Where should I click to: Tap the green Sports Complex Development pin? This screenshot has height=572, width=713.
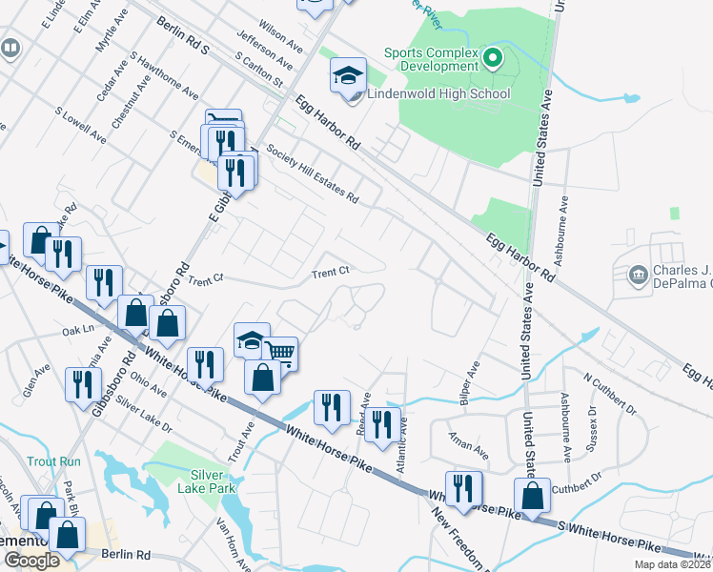pyautogui.click(x=493, y=60)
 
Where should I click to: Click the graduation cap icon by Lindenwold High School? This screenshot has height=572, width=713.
pyautogui.click(x=348, y=75)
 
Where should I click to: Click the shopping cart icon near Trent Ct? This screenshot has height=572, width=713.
pyautogui.click(x=280, y=353)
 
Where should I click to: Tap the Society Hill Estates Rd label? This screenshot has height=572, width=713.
pyautogui.click(x=312, y=174)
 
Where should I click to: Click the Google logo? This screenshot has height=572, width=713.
pyautogui.click(x=31, y=561)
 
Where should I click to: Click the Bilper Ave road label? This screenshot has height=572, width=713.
pyautogui.click(x=468, y=380)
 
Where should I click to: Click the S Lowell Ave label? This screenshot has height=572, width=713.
pyautogui.click(x=80, y=125)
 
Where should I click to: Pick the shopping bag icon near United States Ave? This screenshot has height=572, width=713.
pyautogui.click(x=532, y=495)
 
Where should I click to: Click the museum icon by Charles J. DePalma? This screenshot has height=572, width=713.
pyautogui.click(x=638, y=276)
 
